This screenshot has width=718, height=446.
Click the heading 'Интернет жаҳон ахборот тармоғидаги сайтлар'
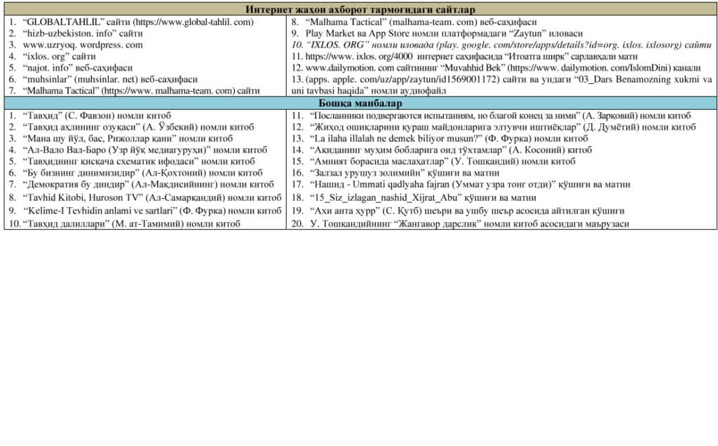(x=360, y=10)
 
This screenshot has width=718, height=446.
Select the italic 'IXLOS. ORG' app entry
(x=339, y=44)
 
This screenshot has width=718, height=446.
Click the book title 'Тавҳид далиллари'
(x=66, y=224)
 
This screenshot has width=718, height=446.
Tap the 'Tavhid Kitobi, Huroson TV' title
(x=81, y=197)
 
